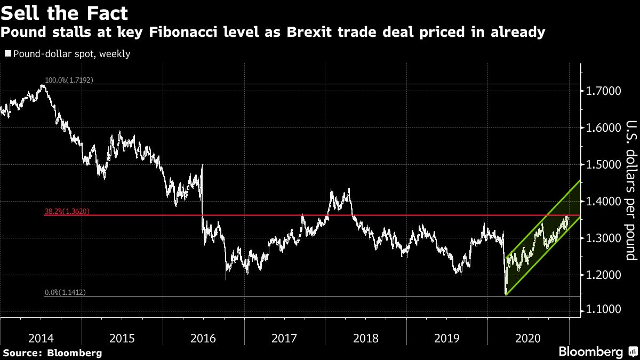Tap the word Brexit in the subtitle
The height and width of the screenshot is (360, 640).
pos(310,33)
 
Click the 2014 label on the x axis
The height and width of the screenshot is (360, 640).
pos(41,338)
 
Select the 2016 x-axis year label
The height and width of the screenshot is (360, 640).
pos(203,338)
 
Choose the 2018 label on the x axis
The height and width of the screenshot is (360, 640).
pos(366,338)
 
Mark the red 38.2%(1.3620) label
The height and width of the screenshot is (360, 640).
pos(67,211)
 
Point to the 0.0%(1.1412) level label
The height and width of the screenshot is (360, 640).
pos(65,292)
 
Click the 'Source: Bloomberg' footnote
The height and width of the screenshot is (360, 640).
pos(52,353)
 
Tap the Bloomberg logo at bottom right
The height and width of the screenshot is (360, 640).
pos(590,352)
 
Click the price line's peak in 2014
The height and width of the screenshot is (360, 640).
pos(43,85)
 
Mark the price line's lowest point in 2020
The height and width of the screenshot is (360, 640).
pos(505,294)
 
